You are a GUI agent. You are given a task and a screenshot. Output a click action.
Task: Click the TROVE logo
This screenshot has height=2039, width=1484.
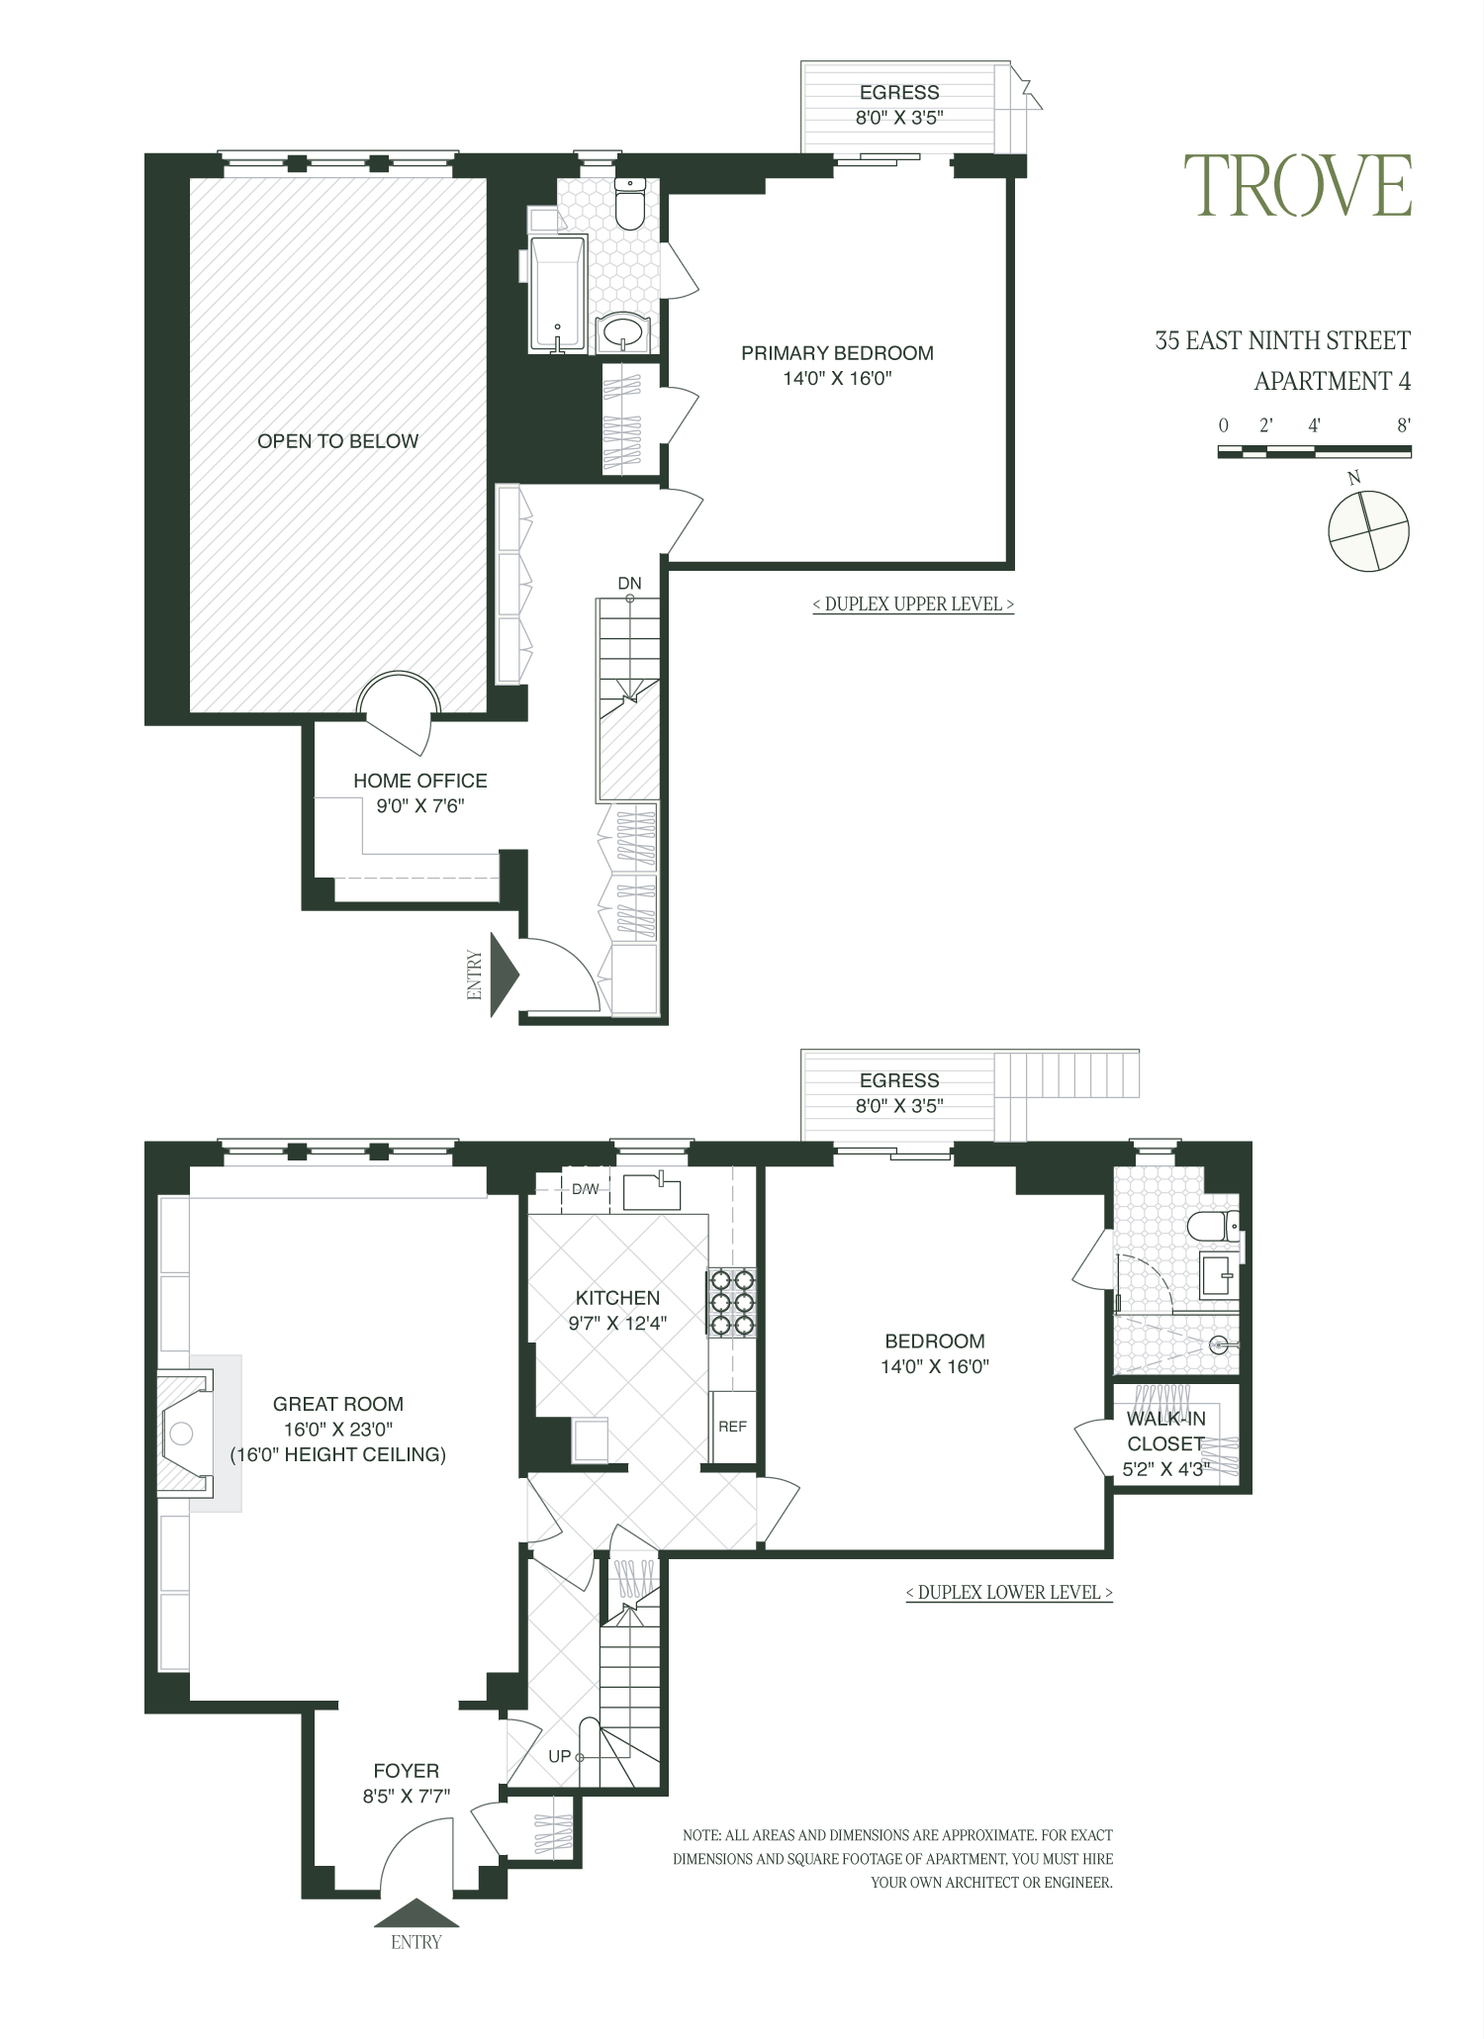pos(1298,185)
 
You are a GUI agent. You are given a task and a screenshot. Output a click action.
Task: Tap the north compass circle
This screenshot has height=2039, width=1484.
pos(1368,531)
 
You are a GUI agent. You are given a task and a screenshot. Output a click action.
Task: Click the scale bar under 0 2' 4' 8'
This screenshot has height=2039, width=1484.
pos(1314,451)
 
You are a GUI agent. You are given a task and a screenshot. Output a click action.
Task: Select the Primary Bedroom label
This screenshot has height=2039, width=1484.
pos(837,365)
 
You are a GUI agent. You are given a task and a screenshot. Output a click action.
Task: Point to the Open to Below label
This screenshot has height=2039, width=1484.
pos(338,441)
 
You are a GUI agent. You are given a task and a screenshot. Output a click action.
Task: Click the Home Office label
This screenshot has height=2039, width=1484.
pos(420,792)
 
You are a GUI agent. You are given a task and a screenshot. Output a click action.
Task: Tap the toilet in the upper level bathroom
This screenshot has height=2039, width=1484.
pos(630,202)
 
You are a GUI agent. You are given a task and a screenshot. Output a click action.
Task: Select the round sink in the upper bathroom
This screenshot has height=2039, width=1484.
pos(623,331)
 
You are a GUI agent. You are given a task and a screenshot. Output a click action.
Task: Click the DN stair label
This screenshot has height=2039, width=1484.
pos(629,583)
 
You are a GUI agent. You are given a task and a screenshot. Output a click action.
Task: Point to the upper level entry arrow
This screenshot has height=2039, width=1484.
pos(505,974)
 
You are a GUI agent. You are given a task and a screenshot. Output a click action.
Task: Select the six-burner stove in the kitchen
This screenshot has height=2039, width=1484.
pos(731,1303)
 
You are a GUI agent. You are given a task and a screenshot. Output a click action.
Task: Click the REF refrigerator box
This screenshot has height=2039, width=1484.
pos(733,1426)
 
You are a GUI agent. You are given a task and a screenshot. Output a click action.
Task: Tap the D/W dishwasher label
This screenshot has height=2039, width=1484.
pos(586,1188)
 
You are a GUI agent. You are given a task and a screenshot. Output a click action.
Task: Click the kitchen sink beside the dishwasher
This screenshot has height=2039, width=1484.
pos(652,1190)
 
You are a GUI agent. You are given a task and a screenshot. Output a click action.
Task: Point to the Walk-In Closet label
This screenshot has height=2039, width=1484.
pos(1165,1443)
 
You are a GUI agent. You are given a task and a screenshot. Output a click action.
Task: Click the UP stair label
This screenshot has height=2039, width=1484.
pos(560,1756)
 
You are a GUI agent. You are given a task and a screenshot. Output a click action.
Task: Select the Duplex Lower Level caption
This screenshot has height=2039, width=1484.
pos(1009,1592)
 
